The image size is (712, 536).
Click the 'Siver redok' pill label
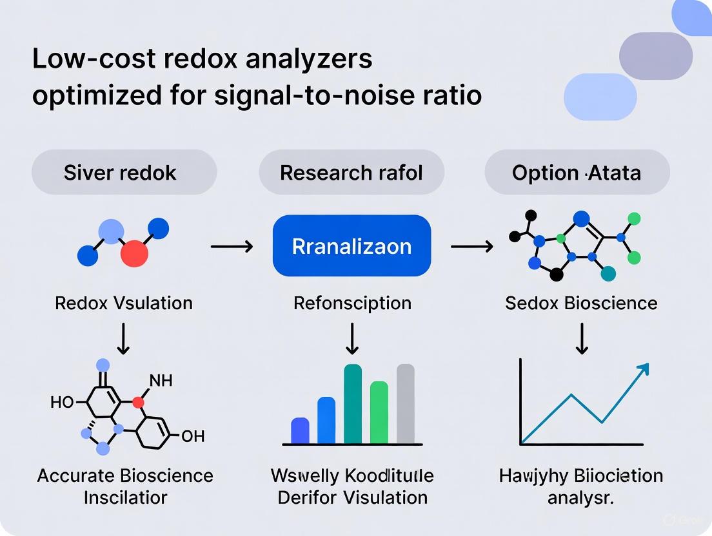121,173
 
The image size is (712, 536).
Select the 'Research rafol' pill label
351,173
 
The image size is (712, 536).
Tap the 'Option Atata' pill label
577,173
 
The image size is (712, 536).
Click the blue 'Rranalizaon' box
351,246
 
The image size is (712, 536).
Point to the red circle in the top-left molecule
134,253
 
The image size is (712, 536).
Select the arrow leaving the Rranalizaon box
471,246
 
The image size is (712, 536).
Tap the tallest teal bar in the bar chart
353,404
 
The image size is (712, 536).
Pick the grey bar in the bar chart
405,404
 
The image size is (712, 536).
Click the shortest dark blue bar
301,431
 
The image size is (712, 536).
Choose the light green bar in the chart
379,412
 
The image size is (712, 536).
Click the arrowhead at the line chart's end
642,369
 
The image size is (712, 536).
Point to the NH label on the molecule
161,381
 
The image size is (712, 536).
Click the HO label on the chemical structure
62,403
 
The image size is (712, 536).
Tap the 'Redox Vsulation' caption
124,303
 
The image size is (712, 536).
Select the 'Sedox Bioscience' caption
582,303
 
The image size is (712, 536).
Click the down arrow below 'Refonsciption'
352,339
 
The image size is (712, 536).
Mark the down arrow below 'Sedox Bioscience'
582,339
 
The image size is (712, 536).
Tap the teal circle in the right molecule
608,274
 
